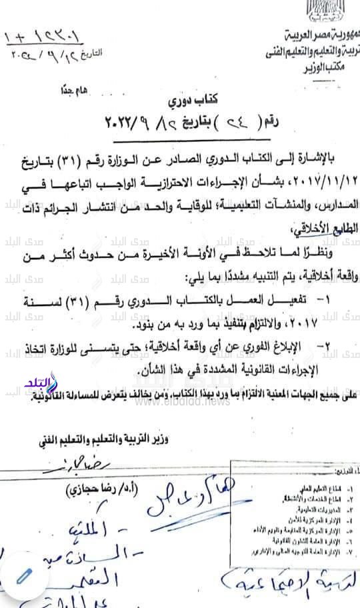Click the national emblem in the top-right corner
point(343,10)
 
